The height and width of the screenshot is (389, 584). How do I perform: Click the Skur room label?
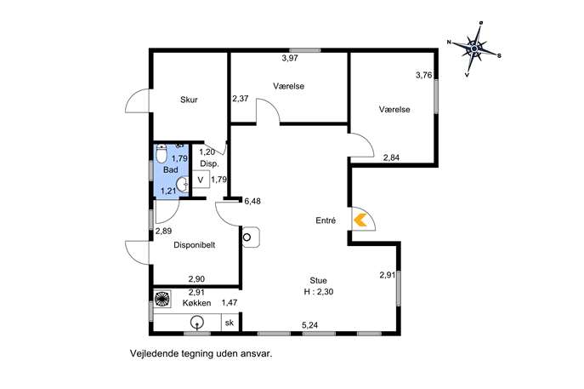point(189,100)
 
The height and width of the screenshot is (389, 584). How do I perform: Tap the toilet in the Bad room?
point(162,154)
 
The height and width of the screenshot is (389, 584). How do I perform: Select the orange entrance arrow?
point(360,220)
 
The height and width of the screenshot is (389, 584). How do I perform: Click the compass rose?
point(474,48)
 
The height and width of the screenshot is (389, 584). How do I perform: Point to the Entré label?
point(326,220)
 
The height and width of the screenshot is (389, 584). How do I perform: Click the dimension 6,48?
point(252,202)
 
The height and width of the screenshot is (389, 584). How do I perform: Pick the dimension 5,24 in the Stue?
point(310,325)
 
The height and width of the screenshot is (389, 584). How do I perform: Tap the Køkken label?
point(196,303)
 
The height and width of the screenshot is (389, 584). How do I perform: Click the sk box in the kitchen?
point(230,323)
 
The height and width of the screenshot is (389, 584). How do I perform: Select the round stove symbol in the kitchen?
point(162,299)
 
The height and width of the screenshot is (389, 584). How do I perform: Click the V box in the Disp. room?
point(201,180)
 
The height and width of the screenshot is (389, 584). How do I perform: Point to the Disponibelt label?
point(195,245)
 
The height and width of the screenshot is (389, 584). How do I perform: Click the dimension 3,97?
point(289,58)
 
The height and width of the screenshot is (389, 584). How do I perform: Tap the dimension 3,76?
point(424,75)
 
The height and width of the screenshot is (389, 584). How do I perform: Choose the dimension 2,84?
point(391,157)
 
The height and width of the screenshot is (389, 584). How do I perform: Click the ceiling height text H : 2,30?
point(319,292)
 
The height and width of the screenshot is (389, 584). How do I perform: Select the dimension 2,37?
point(241,99)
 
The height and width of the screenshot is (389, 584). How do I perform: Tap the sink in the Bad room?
point(182,184)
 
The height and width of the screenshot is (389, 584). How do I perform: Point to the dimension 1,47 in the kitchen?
point(230,303)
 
